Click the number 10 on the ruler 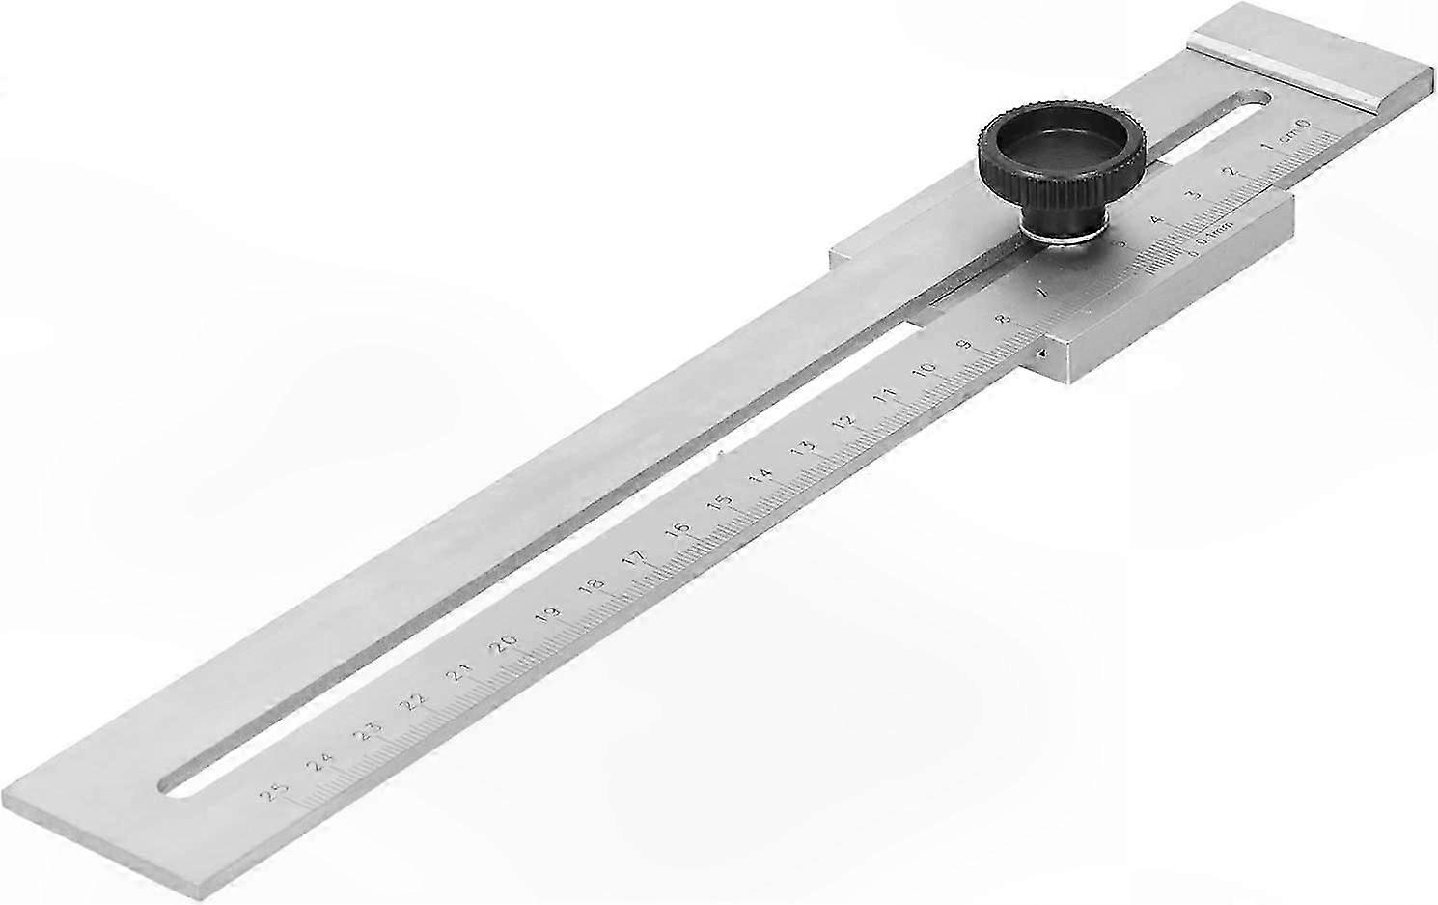tap(926, 369)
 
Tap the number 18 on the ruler tap(593, 586)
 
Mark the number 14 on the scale tap(760, 476)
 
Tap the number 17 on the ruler tap(634, 559)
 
